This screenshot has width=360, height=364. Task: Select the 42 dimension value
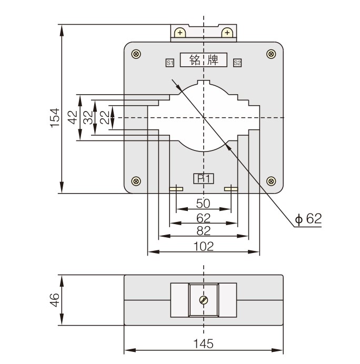pyautogui.click(x=72, y=117)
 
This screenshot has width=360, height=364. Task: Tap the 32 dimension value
pyautogui.click(x=88, y=117)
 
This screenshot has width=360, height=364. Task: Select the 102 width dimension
pyautogui.click(x=203, y=246)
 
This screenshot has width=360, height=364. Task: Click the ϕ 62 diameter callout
pyautogui.click(x=308, y=219)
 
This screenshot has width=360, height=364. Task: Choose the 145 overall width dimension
pyautogui.click(x=203, y=344)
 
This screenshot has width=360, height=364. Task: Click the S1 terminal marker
pyautogui.click(x=170, y=63)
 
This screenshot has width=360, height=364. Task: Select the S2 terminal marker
pyautogui.click(x=237, y=63)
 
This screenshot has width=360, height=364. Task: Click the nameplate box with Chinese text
pyautogui.click(x=203, y=60)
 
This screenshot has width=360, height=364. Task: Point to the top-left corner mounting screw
pyautogui.click(x=136, y=54)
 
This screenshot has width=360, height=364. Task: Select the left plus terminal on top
pyautogui.click(x=180, y=33)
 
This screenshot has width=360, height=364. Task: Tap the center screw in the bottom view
pyautogui.click(x=203, y=301)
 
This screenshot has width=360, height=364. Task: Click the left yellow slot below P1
pyautogui.click(x=176, y=189)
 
